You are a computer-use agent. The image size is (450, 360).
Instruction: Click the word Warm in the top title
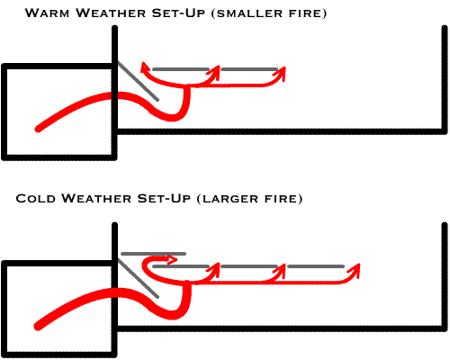coord(47,13)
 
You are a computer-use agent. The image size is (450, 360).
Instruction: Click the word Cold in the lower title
coord(36,198)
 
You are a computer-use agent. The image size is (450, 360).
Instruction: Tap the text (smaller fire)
coord(269,13)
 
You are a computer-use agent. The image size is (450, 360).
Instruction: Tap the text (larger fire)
coord(249,199)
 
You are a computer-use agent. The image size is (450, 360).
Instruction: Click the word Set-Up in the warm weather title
coord(178,13)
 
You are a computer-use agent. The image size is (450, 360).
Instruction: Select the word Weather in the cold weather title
coord(96,198)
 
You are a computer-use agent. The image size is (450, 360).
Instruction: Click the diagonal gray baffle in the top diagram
coord(138,81)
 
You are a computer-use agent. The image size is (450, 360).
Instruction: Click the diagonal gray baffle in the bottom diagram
coord(138,278)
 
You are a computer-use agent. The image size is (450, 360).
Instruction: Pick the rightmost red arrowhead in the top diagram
coord(280,74)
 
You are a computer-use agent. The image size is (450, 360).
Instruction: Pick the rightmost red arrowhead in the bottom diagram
coord(355,270)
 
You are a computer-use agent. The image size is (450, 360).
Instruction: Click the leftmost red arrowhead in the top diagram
coord(145,67)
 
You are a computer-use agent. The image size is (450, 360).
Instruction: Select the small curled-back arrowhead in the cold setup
coord(172,259)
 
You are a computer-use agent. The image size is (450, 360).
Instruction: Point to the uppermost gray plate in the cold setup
coord(153,254)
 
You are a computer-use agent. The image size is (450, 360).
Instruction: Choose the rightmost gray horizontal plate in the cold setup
coord(316,266)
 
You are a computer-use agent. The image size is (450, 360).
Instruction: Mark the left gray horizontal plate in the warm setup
coord(181,69)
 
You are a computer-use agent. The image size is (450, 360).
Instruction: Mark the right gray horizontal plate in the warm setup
coord(249,69)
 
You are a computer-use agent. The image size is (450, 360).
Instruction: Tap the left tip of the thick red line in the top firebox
coord(38,130)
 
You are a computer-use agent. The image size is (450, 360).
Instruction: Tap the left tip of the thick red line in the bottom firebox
coord(38,327)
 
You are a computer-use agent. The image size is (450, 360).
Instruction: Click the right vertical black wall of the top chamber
coord(445,79)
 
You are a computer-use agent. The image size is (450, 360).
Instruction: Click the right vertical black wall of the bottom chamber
coord(445,276)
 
